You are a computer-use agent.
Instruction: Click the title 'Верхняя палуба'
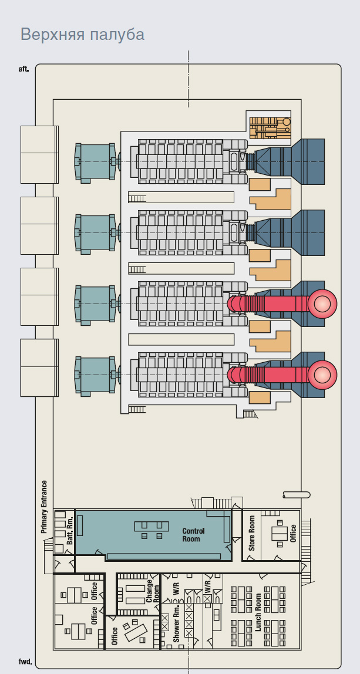point(82,34)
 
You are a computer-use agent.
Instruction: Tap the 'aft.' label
point(24,69)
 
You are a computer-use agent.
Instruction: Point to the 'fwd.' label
point(25,662)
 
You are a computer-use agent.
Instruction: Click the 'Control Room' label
point(192,534)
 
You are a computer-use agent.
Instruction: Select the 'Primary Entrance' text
point(44,507)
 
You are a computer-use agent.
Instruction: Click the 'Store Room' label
point(252,533)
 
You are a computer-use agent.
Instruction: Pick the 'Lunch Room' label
point(258,612)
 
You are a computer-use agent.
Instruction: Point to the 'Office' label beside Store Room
point(293,533)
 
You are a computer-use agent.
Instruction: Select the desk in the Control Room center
point(151,526)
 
